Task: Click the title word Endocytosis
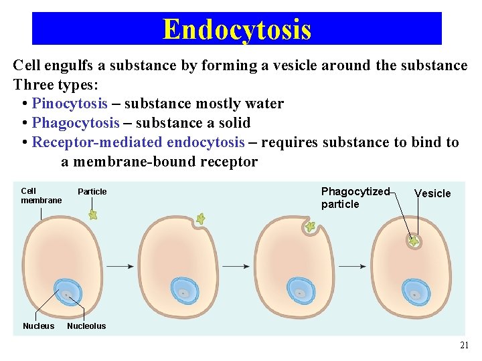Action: tap(237, 29)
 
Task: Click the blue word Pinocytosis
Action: tap(70, 104)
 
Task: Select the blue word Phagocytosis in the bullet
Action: tap(76, 123)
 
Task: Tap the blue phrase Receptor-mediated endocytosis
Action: tap(139, 142)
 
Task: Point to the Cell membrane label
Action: tap(41, 196)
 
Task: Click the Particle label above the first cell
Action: tap(92, 192)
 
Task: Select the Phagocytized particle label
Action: tap(355, 198)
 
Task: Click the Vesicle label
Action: tap(432, 194)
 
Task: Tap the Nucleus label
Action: tap(39, 326)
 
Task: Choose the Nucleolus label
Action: tap(86, 326)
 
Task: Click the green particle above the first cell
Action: tap(93, 215)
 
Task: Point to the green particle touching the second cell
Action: tap(199, 219)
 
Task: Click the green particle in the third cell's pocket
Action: tap(310, 227)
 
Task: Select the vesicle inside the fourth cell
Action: tap(414, 241)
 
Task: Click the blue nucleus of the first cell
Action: tap(67, 292)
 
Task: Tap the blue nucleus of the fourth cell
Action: tap(415, 292)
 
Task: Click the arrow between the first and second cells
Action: tap(120, 266)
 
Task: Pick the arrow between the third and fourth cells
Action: tap(352, 266)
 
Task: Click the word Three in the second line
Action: tap(32, 85)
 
